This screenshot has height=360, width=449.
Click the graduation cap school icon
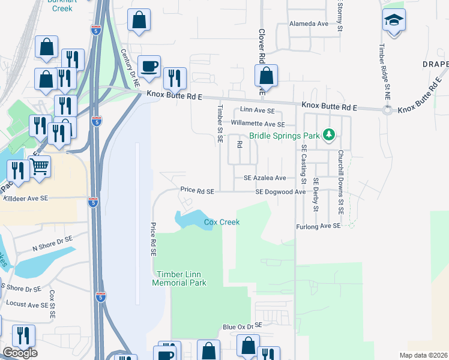click(x=393, y=21)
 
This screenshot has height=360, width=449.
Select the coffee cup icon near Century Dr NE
click(x=148, y=65)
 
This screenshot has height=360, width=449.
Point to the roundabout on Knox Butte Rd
click(x=387, y=109)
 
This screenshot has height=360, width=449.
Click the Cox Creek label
click(x=221, y=222)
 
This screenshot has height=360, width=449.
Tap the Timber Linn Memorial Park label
click(x=179, y=278)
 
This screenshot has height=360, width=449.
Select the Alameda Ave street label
click(x=309, y=24)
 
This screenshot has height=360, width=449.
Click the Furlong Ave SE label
click(x=318, y=226)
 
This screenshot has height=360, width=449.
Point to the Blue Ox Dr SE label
click(x=243, y=326)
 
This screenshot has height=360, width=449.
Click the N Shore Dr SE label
click(x=52, y=242)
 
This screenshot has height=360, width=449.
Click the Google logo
click(x=19, y=353)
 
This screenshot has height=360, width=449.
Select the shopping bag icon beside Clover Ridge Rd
click(x=265, y=76)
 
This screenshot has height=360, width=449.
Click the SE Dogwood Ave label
click(x=280, y=192)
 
